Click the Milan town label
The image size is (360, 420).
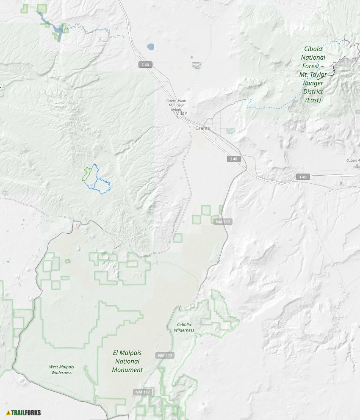pyautogui.click(x=181, y=113)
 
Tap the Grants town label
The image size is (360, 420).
pyautogui.click(x=202, y=128)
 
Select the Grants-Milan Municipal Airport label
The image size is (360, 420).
pyautogui.click(x=176, y=105)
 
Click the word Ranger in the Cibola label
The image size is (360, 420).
pyautogui.click(x=313, y=83)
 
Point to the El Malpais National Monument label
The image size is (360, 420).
pyautogui.click(x=127, y=361)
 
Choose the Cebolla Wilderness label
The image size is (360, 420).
pyautogui.click(x=184, y=327)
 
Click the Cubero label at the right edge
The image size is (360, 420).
pyautogui.click(x=353, y=160)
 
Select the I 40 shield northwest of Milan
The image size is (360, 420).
pyautogui.click(x=145, y=64)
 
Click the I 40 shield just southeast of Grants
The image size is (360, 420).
pyautogui.click(x=233, y=159)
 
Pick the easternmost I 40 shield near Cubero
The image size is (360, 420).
pyautogui.click(x=302, y=177)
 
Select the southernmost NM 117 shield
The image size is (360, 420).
pyautogui.click(x=143, y=392)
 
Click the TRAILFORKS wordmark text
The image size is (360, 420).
pyautogui.click(x=26, y=412)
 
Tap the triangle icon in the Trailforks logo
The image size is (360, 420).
pyautogui.click(x=8, y=412)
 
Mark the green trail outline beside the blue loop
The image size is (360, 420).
pyautogui.click(x=86, y=174)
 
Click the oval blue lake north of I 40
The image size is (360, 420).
pyautogui.click(x=150, y=46)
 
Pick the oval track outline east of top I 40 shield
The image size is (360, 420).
pyautogui.click(x=196, y=65)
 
